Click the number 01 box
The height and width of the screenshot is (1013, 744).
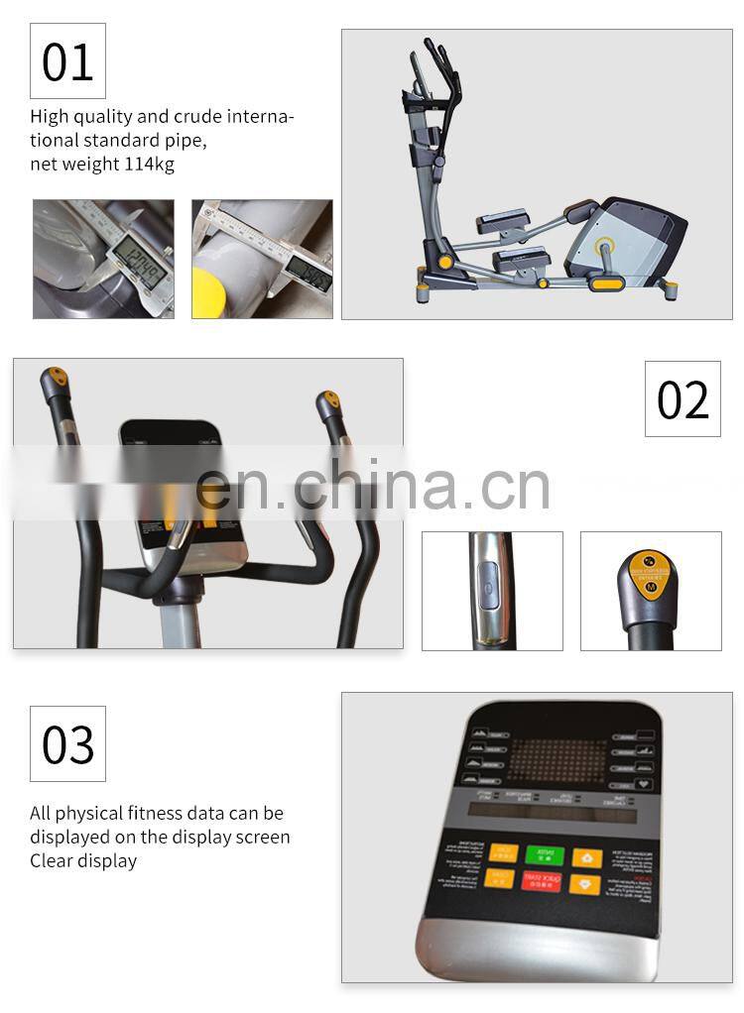(67, 61)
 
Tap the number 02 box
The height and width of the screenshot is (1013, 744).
(682, 398)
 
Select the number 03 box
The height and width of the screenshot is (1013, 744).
(67, 743)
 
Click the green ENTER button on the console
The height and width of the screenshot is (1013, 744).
(545, 855)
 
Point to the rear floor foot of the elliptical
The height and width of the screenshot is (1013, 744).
(670, 290)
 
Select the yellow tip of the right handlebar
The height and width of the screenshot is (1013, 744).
(329, 400)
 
